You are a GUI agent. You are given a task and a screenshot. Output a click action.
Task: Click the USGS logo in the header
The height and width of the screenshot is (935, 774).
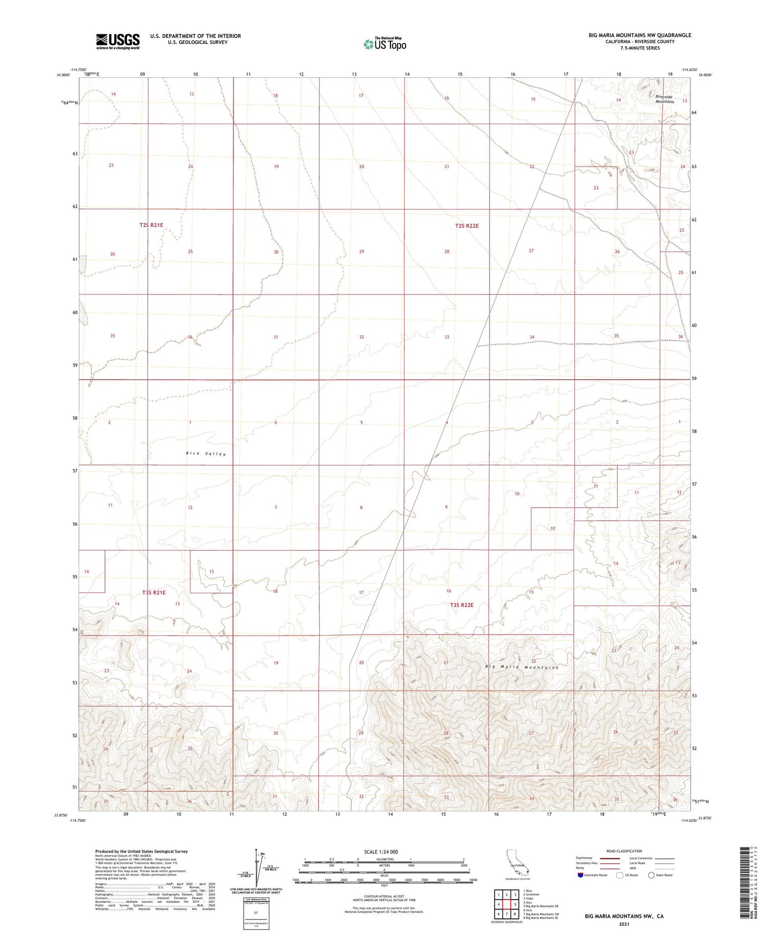pyautogui.click(x=118, y=41)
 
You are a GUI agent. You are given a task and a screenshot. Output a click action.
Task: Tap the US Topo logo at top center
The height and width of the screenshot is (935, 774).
pyautogui.click(x=384, y=44)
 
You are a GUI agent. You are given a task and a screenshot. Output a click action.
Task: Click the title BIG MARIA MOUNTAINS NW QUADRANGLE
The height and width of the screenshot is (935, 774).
pyautogui.click(x=640, y=35)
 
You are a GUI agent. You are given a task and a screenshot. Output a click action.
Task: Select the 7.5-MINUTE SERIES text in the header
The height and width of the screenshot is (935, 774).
pyautogui.click(x=640, y=48)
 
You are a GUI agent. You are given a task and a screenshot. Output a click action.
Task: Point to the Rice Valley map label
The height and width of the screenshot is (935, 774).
pyautogui.click(x=206, y=454)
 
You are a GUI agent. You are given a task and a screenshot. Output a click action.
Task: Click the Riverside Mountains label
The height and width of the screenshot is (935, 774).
pyautogui.click(x=665, y=100)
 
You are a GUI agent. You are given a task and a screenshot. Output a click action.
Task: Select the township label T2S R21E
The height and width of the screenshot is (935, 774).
pyautogui.click(x=151, y=225)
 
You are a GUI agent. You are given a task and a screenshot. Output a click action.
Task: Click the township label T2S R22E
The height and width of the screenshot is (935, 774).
pyautogui.click(x=467, y=226)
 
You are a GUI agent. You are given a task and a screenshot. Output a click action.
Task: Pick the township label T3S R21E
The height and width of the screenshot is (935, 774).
pyautogui.click(x=154, y=593)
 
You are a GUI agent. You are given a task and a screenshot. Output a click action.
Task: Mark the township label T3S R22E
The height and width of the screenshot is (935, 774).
pyautogui.click(x=461, y=605)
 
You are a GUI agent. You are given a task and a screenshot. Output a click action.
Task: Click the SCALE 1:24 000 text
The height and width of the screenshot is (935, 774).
pyautogui.click(x=381, y=852)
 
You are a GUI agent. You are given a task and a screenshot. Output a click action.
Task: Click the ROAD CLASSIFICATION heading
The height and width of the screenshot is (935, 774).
pyautogui.click(x=624, y=851)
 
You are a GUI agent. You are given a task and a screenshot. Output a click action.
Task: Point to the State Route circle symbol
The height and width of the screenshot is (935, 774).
pyautogui.click(x=651, y=875)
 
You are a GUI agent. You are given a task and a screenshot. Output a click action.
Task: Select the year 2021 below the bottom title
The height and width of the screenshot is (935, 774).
pyautogui.click(x=623, y=924)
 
